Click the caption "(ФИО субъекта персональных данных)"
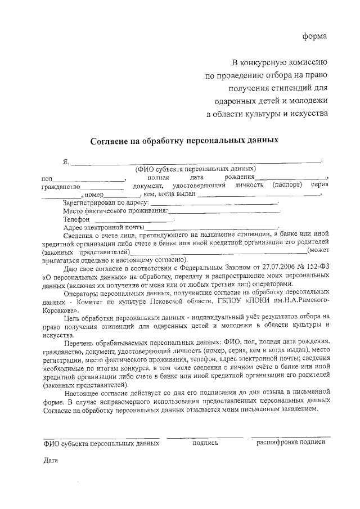click(x=195, y=169)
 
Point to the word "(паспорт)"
click(x=287, y=184)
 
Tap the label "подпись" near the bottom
click(x=205, y=443)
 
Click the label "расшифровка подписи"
click(x=291, y=443)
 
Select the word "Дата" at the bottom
click(x=51, y=462)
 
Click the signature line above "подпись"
click(x=205, y=436)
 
